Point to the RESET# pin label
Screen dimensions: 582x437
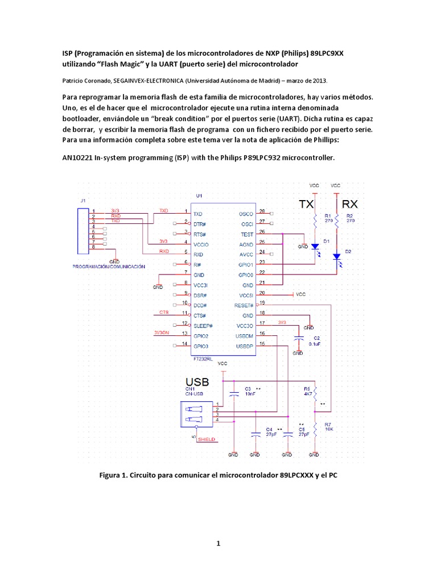click(243, 305)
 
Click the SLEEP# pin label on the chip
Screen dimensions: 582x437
click(203, 326)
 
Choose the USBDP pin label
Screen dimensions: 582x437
click(244, 346)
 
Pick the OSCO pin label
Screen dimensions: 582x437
click(246, 214)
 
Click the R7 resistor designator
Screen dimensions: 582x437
click(328, 425)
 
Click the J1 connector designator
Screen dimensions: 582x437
click(83, 201)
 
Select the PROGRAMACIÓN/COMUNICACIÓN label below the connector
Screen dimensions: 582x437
click(109, 266)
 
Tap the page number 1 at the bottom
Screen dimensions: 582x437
click(217, 544)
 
